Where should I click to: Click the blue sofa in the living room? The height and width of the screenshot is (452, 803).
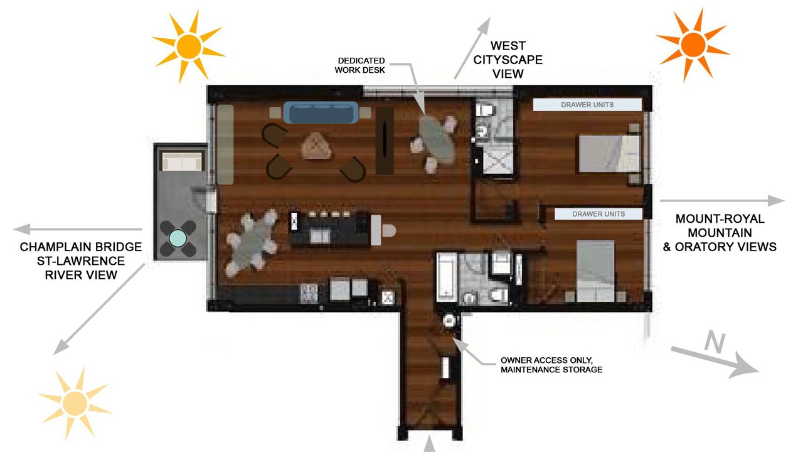pos(321,112)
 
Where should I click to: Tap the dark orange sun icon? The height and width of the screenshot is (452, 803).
pos(693,45)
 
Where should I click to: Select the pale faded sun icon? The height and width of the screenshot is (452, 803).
pos(75,403)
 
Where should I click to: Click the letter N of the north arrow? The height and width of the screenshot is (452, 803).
pos(715,342)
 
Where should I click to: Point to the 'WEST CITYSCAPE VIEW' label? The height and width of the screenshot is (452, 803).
pos(508,60)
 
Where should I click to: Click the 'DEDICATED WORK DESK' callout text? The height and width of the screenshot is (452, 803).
pos(360,65)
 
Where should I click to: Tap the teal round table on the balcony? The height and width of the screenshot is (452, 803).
pos(178,238)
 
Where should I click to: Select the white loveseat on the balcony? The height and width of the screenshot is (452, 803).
pos(182,161)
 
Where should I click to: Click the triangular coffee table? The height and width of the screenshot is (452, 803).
pos(316,146)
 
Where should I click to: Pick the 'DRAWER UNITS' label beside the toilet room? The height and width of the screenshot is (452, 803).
pos(587,105)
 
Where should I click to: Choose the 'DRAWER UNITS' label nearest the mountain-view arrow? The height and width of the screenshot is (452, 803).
pos(598,214)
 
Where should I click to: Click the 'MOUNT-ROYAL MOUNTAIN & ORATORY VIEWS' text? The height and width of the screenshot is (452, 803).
pos(720,232)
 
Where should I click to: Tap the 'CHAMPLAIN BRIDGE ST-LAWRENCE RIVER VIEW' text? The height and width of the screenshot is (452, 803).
pos(81,261)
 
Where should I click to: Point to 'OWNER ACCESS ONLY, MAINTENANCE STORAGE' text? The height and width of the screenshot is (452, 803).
pos(551,365)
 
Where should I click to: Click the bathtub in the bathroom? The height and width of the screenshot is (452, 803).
pos(446,277)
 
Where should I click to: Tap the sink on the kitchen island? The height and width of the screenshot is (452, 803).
pos(320,236)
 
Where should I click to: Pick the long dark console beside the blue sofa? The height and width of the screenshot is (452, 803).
pos(385,140)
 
